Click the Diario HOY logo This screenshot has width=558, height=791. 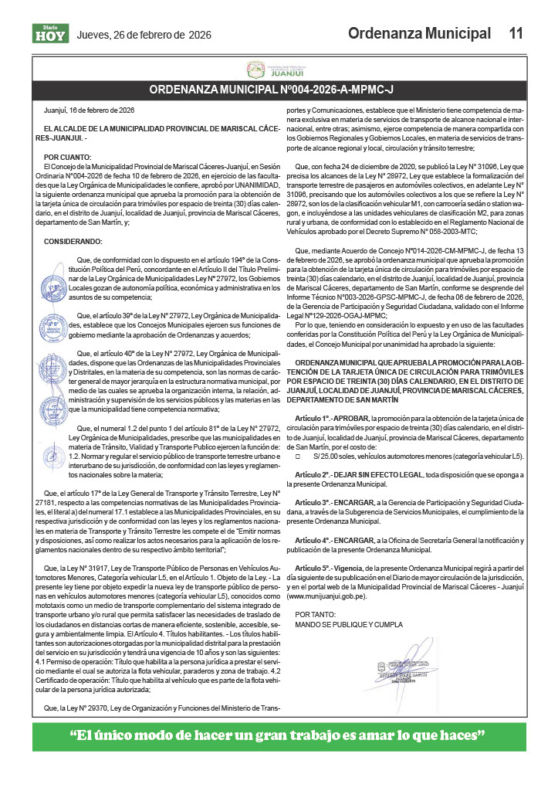click(x=50, y=33)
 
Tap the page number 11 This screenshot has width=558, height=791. click(x=516, y=33)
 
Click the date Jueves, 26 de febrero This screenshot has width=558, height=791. click(x=144, y=35)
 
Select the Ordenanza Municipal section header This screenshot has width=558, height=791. click(x=419, y=33)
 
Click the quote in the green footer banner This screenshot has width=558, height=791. click(x=279, y=735)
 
